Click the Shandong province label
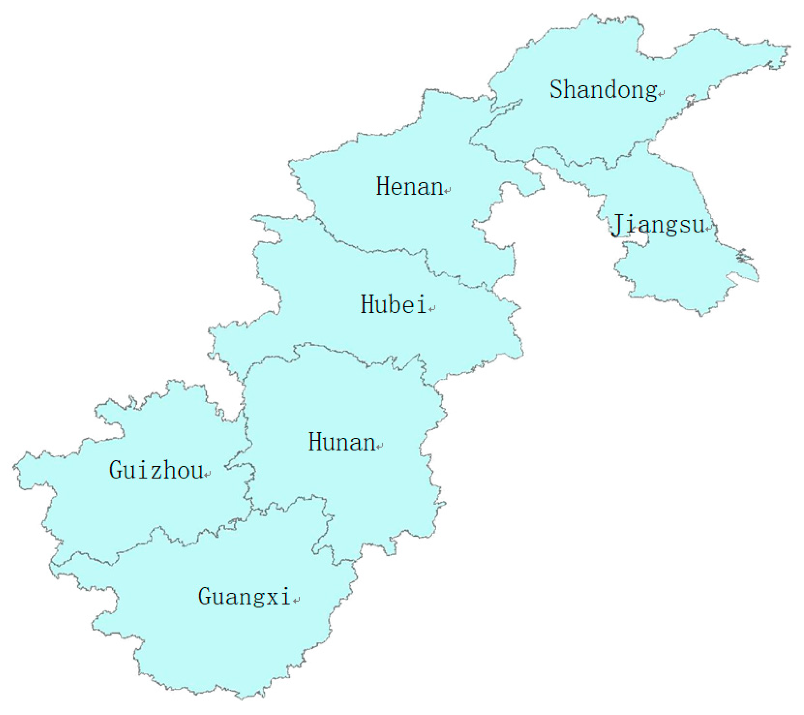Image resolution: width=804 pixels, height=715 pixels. (x=603, y=90)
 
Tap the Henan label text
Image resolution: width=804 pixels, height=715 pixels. (x=409, y=186)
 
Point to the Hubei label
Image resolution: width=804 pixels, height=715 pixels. (x=393, y=305)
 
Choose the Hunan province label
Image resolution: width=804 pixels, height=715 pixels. (x=341, y=442)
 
